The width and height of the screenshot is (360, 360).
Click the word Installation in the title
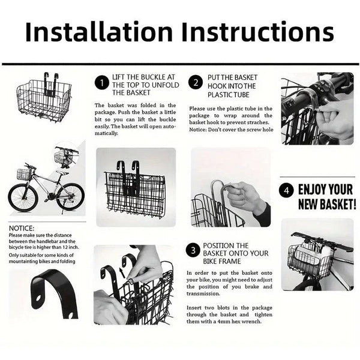click(x=104, y=33)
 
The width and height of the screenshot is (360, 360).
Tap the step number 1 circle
click(x=102, y=82)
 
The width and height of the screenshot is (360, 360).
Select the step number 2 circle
click(x=196, y=82)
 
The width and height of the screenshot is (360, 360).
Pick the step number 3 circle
click(x=193, y=250)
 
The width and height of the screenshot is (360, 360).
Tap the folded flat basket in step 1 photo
click(x=134, y=192)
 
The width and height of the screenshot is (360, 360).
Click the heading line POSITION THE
click(x=226, y=246)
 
